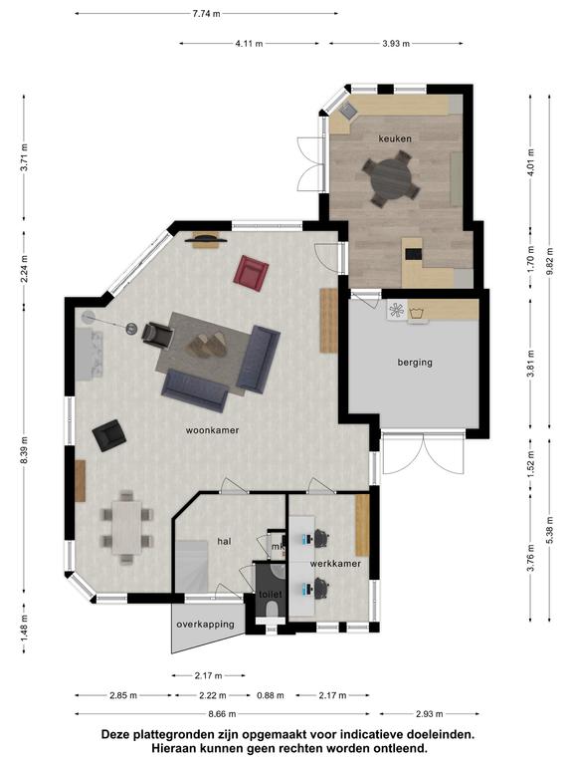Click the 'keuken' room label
[395, 138]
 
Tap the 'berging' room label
[415, 362]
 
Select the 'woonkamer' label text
[213, 430]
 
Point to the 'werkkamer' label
[335, 564]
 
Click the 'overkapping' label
[205, 624]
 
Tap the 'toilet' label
[271, 595]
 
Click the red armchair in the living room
[251, 272]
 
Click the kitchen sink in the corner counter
[348, 111]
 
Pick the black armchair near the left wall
[109, 435]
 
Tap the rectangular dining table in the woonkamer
[126, 527]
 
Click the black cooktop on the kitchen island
[414, 254]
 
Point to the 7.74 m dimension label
[206, 14]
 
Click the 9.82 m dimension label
[550, 261]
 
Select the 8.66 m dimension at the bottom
[222, 714]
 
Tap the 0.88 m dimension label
[271, 695]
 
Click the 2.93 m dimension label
[429, 714]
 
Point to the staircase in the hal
[191, 566]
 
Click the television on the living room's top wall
[206, 238]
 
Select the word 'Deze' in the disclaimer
[115, 734]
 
